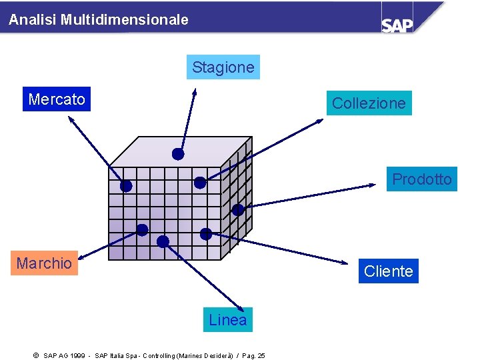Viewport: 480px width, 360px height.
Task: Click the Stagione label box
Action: tap(223, 67)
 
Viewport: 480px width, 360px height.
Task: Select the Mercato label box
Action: tap(57, 99)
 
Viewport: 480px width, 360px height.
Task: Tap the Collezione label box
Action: tap(369, 103)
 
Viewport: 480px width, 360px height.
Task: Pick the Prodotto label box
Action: tap(421, 179)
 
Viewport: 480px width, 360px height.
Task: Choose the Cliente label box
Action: tap(388, 271)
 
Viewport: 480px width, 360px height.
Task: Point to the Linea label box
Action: tap(227, 320)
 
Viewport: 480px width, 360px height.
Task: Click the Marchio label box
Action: tap(44, 263)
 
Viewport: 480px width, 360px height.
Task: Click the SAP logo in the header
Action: tap(397, 24)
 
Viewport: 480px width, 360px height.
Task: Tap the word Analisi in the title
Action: tap(33, 20)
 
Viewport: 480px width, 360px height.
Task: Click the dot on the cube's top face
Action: tap(178, 154)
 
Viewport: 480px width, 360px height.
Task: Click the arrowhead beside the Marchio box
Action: tap(83, 257)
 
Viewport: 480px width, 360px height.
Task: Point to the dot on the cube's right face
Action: tap(237, 209)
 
